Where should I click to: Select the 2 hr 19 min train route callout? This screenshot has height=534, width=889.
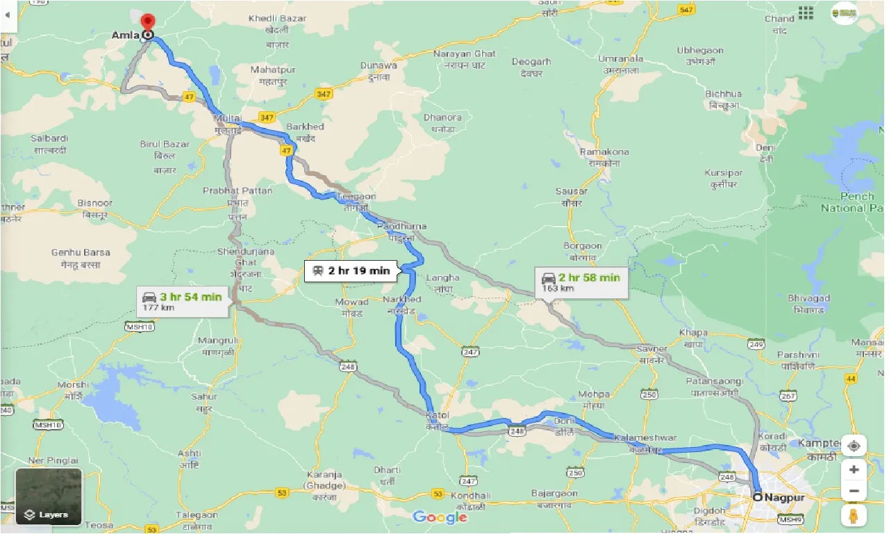pos(352,271)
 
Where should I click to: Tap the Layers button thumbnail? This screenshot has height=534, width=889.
pos(49,496)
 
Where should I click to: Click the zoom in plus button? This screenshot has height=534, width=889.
pos(854,469)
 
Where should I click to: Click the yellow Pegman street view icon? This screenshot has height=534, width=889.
pos(854,515)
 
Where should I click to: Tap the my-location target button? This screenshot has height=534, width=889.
pos(854,446)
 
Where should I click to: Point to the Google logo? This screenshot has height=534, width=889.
pos(440,517)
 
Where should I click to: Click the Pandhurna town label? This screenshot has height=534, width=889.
pos(401,227)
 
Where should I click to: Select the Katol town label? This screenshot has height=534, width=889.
pos(438,415)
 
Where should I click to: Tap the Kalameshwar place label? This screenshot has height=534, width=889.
pos(645,438)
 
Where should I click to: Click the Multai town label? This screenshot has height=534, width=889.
pos(228,119)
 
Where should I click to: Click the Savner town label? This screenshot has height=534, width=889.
pos(653,349)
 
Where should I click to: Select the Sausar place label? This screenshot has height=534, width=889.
pos(571,191)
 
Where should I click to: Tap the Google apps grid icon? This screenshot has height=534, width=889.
pos(806,13)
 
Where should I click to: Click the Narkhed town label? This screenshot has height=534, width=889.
pos(402,300)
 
